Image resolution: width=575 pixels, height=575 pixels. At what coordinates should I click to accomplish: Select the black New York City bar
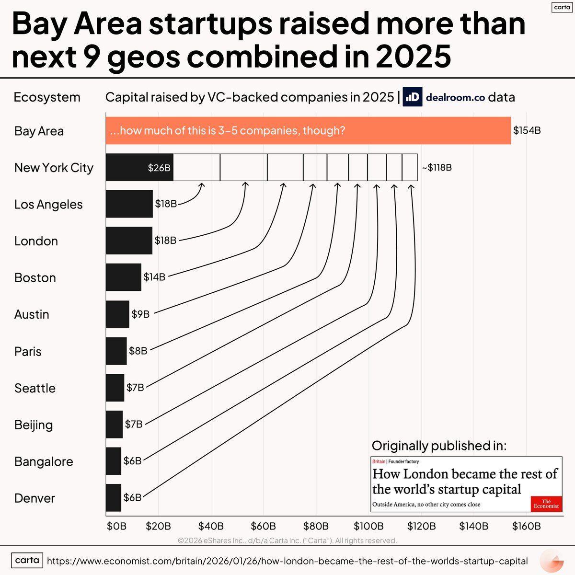[x=139, y=167]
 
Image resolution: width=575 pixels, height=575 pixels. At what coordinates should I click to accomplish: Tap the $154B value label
[x=527, y=130]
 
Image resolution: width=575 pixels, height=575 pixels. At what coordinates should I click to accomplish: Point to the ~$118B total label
[x=437, y=168]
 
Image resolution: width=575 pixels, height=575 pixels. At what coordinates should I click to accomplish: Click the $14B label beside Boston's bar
[x=154, y=277]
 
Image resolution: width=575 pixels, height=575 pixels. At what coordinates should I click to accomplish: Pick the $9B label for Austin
[x=140, y=314]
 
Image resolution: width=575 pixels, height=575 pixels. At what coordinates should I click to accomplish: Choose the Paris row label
[x=28, y=351]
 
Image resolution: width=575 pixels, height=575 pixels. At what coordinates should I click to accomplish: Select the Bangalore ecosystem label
[x=44, y=461]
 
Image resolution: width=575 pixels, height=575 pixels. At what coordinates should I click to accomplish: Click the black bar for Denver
[x=114, y=498]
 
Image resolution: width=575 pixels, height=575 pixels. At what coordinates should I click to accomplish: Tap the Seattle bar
[x=115, y=388]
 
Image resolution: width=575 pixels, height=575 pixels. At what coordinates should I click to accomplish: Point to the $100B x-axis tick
[x=368, y=526]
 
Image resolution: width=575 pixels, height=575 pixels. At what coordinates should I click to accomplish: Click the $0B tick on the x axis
[x=116, y=526]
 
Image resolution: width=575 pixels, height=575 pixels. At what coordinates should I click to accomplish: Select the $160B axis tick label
[x=526, y=526]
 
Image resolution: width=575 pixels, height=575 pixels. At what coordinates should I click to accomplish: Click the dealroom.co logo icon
[x=412, y=97]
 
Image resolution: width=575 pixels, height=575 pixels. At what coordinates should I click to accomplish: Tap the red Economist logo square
[x=546, y=504]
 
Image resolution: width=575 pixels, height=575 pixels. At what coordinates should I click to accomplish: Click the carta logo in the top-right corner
[x=562, y=7]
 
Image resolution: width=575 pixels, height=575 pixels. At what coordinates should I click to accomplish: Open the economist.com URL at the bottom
[x=287, y=561]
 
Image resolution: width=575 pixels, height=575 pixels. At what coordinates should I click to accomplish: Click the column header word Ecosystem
[x=47, y=97]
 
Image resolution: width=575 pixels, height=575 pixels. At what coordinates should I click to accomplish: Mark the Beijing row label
[x=34, y=425]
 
